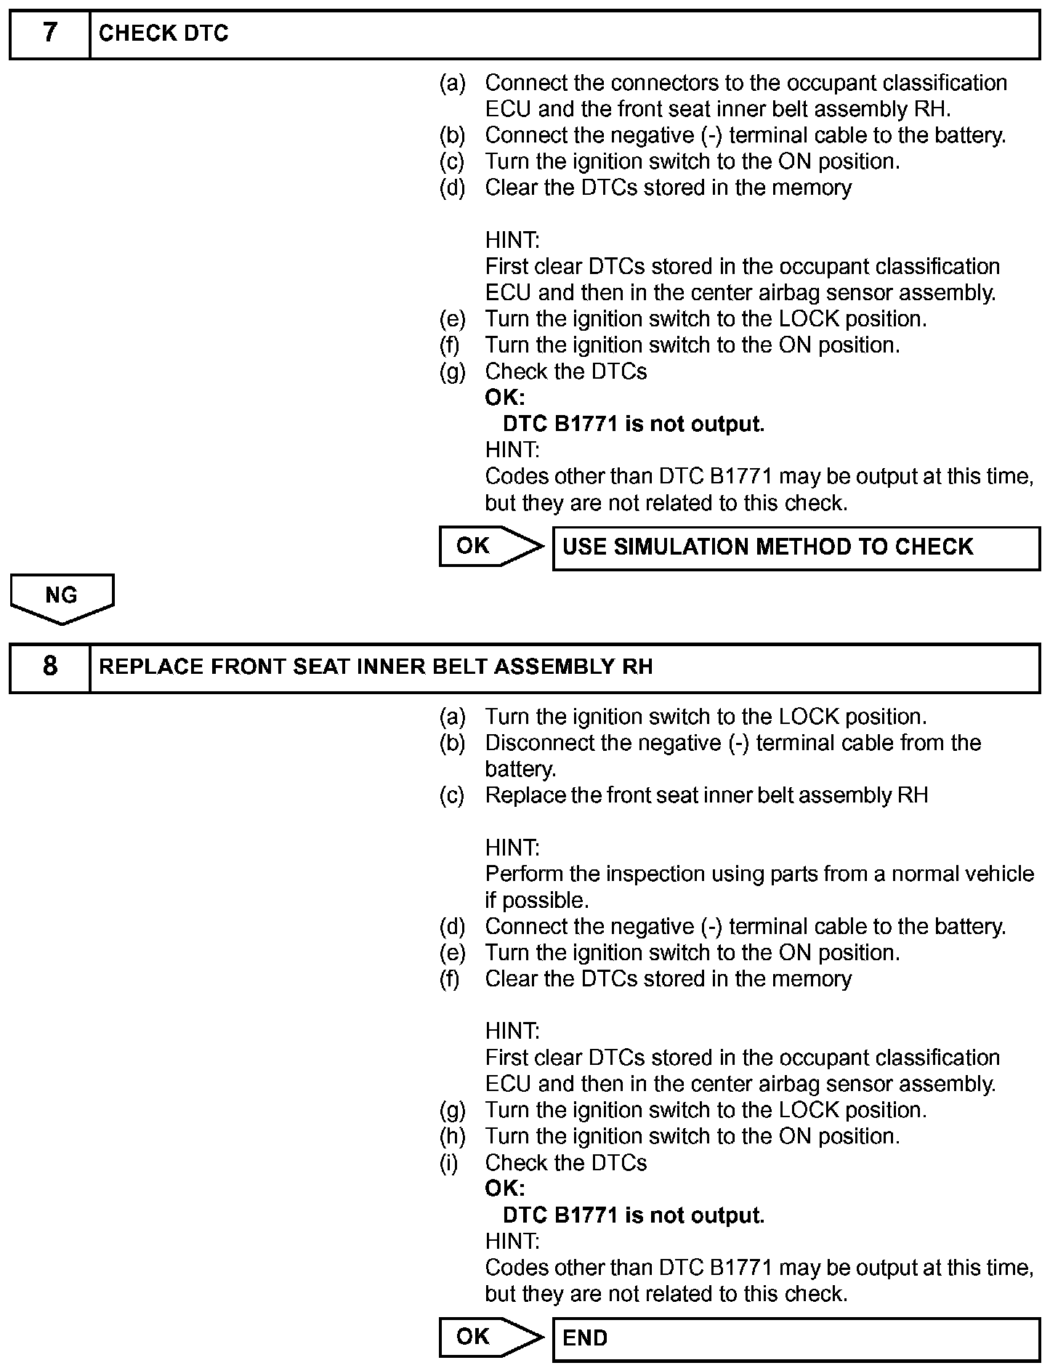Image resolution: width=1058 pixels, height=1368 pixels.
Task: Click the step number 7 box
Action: (x=49, y=34)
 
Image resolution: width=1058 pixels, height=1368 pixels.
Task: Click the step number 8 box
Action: (x=49, y=667)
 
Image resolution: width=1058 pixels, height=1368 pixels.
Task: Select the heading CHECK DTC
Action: (x=163, y=34)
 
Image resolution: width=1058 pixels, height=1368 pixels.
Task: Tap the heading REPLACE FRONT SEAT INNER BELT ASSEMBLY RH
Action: (x=376, y=667)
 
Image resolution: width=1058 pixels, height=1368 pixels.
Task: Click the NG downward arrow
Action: (x=62, y=598)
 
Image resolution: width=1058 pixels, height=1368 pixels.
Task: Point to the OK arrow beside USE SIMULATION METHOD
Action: (x=490, y=547)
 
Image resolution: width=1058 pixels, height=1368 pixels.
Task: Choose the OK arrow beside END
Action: (x=490, y=1337)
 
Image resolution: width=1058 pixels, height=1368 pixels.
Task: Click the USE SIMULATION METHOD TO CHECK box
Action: (x=796, y=548)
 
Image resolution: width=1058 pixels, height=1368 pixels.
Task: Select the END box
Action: (x=796, y=1339)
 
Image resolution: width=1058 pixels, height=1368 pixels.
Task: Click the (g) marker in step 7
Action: (x=452, y=372)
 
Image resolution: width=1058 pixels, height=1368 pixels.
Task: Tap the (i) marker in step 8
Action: (x=450, y=1163)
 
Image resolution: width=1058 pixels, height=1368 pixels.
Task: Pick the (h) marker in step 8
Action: (x=452, y=1137)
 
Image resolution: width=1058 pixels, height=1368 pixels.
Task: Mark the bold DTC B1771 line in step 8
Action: (x=633, y=1215)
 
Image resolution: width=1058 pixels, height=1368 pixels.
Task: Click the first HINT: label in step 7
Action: (x=512, y=240)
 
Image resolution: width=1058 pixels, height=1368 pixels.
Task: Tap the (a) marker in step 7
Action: (x=452, y=84)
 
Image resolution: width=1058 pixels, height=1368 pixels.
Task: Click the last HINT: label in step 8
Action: (x=512, y=1242)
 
